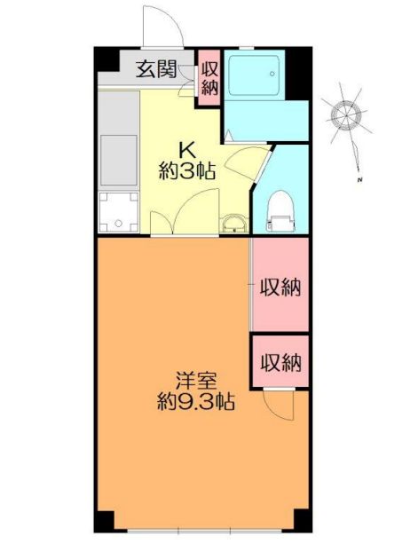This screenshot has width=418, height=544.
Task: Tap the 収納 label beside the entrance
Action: [209, 77]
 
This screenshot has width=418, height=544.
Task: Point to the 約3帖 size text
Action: [186, 171]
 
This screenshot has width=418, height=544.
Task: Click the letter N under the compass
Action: [361, 180]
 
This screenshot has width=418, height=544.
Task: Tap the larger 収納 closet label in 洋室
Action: [280, 287]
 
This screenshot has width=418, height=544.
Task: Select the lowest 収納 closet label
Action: [280, 362]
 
